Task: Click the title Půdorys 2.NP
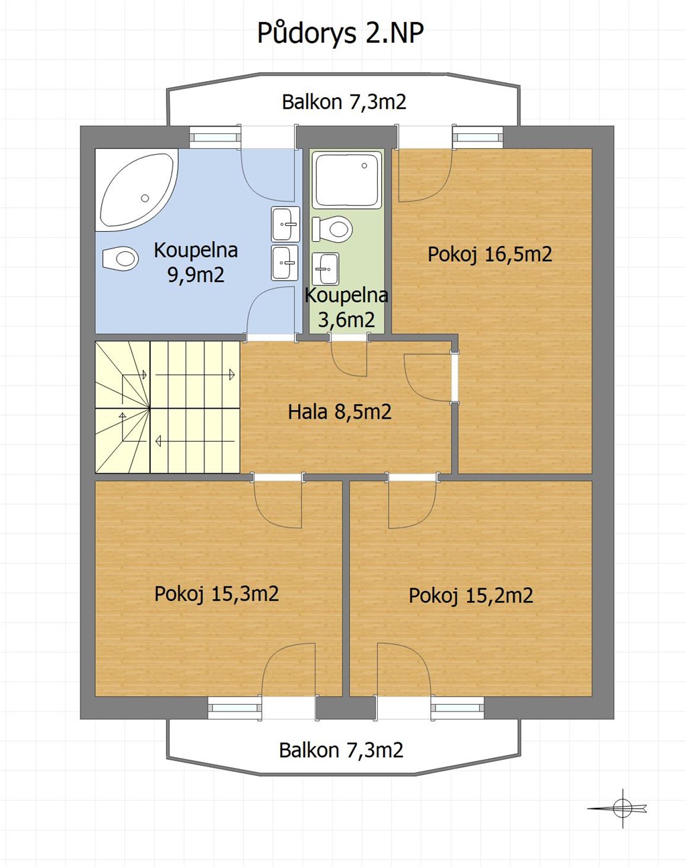pos(340,34)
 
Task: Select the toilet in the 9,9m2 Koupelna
pos(121,258)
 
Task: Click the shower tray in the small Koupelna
pos(347,180)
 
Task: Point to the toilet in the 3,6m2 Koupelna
pos(332,229)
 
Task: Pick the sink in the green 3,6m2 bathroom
pos(326,269)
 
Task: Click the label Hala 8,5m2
pos(340,412)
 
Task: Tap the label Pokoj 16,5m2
pos(490,254)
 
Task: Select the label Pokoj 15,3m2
pos(216,594)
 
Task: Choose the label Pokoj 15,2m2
pos(471,596)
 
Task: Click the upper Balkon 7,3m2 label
pos(344,102)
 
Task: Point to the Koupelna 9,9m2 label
pos(196,262)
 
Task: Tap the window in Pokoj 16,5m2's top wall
pos(478,137)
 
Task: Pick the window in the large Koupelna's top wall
pos(215,137)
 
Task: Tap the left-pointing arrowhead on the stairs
pos(158,441)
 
